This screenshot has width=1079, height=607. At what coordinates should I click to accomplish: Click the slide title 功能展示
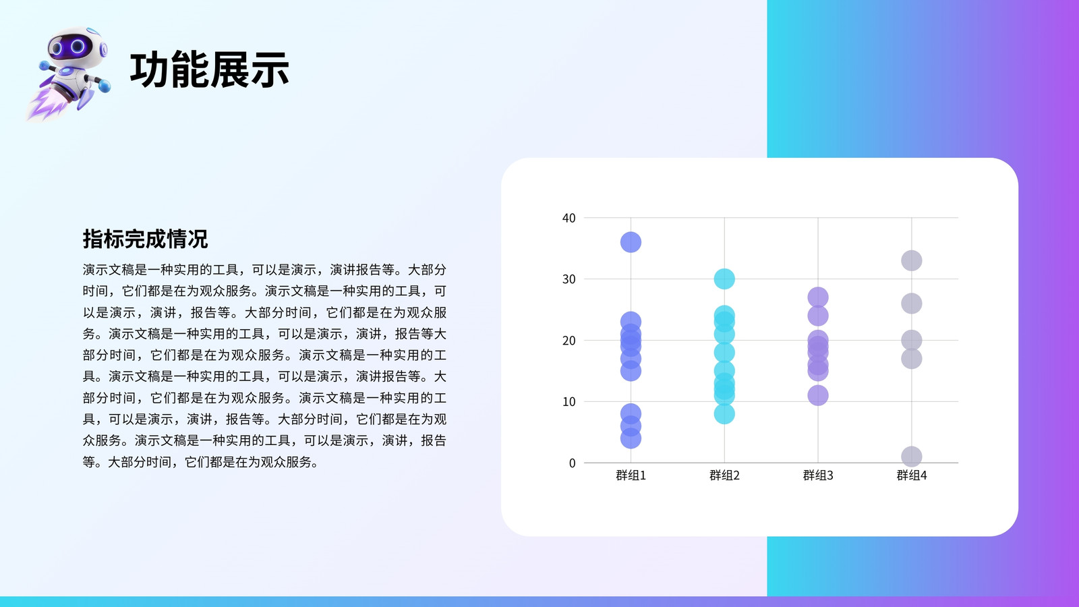210,70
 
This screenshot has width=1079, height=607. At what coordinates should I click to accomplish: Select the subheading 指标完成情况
145,239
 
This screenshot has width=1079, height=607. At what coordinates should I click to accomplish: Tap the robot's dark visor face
70,47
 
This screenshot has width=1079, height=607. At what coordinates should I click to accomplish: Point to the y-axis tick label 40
569,219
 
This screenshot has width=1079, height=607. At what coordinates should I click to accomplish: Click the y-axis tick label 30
569,279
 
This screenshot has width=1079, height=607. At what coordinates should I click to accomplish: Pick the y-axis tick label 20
569,341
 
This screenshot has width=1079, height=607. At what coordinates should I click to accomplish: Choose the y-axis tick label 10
569,402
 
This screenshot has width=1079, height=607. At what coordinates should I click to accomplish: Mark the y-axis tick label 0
573,463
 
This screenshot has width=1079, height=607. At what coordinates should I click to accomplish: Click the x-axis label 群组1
631,475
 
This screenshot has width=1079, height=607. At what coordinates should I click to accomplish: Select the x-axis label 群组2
724,475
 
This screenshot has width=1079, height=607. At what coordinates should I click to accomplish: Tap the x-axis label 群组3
818,475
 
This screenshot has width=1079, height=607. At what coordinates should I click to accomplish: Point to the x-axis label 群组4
911,475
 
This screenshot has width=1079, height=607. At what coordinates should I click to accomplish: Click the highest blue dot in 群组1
631,242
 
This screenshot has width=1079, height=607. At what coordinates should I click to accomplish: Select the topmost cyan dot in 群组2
724,279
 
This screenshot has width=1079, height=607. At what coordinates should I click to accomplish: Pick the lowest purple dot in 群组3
818,395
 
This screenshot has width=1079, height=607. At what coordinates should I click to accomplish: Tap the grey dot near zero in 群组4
911,456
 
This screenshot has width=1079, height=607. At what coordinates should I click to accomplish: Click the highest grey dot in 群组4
911,260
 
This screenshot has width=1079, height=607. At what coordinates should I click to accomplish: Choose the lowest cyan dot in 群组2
724,414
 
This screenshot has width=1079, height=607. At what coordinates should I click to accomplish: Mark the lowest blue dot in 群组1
631,438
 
